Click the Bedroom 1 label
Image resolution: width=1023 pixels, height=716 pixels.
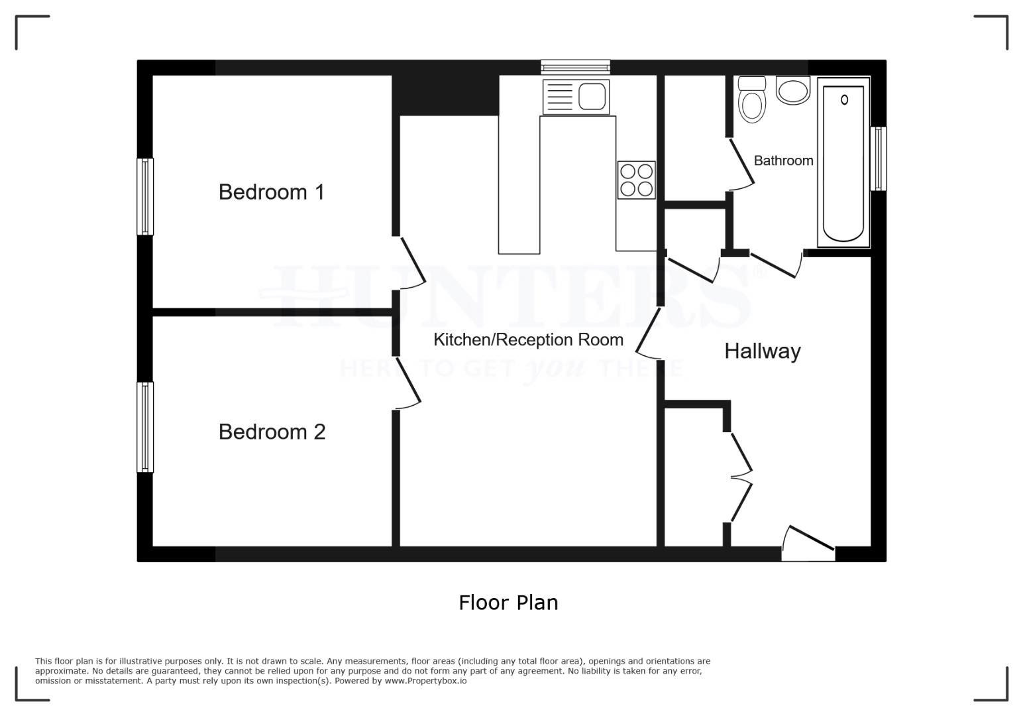271,192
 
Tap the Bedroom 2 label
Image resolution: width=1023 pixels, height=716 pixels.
272,432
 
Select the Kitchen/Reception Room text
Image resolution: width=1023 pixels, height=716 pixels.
528,339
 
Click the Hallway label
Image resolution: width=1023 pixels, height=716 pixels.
762,351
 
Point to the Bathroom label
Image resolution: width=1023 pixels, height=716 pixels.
783,160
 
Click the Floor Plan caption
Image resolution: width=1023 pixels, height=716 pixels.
508,603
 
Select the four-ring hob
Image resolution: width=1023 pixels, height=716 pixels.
636,180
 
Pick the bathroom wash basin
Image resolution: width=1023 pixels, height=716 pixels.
793,90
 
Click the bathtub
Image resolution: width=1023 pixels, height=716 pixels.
843,162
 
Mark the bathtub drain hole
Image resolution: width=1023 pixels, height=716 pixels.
844,100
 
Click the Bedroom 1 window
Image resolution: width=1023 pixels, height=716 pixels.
145,196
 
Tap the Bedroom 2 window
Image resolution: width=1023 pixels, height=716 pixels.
145,427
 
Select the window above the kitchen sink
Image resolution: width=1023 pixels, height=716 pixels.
575,66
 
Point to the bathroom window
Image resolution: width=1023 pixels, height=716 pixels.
879,158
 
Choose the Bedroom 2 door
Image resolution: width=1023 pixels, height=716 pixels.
407,383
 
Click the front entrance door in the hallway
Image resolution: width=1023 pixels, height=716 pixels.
808,540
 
